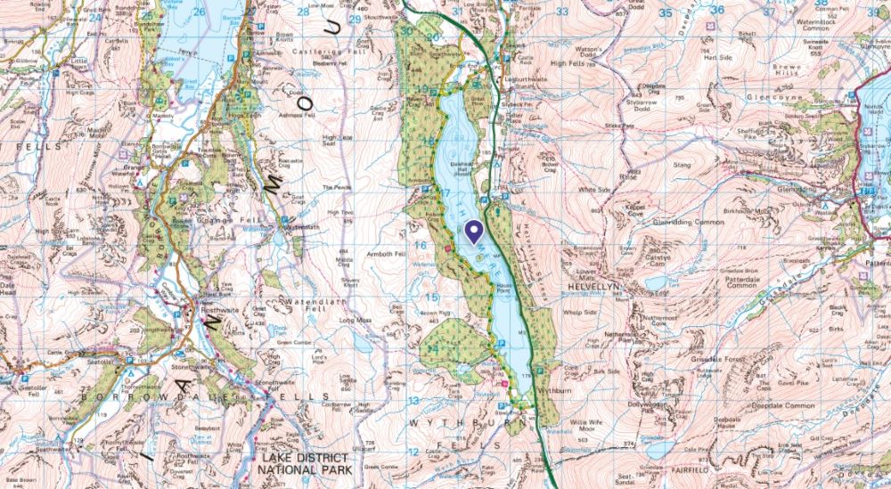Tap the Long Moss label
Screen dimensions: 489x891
pyautogui.click(x=354, y=319)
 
